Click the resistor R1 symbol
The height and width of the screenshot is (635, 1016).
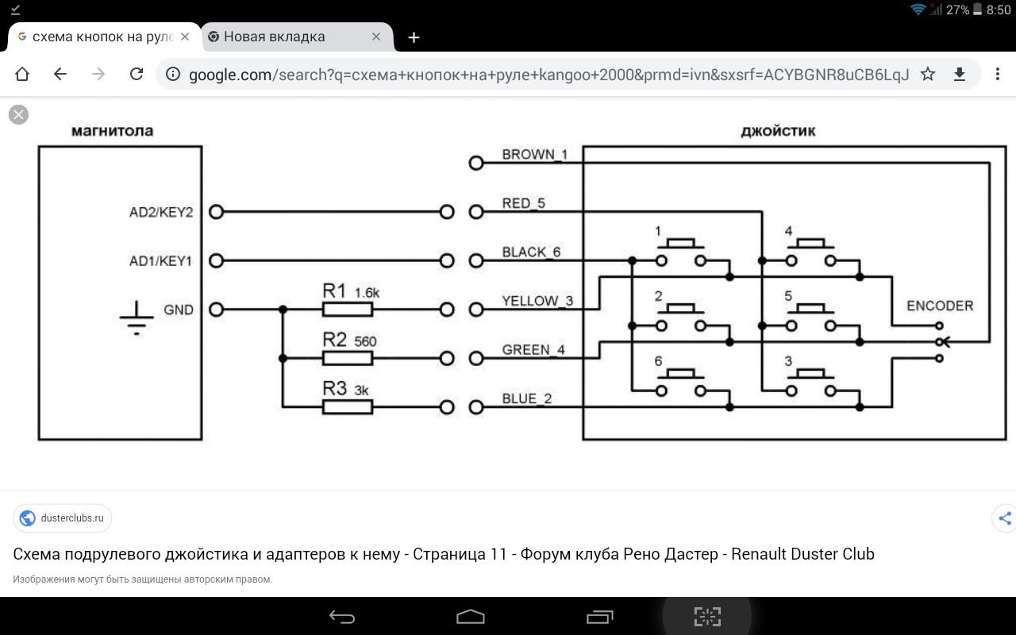pyautogui.click(x=347, y=310)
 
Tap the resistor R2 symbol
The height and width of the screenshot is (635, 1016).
pyautogui.click(x=347, y=359)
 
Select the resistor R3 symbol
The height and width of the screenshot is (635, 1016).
pyautogui.click(x=347, y=407)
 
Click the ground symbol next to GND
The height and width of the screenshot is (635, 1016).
pyautogui.click(x=137, y=317)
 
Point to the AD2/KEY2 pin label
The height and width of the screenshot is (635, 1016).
pyautogui.click(x=161, y=213)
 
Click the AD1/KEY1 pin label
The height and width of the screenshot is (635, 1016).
pyautogui.click(x=161, y=261)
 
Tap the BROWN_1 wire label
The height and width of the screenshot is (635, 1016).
pyautogui.click(x=534, y=155)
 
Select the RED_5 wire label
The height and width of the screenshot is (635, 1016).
pyautogui.click(x=524, y=204)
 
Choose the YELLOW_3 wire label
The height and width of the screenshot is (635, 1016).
pyautogui.click(x=537, y=302)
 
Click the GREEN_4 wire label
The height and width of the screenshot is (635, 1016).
pyautogui.click(x=533, y=350)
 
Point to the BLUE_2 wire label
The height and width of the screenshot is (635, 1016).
pyautogui.click(x=526, y=399)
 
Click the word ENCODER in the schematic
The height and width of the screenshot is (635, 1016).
pyautogui.click(x=940, y=306)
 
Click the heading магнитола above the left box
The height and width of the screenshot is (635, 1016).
pyautogui.click(x=112, y=131)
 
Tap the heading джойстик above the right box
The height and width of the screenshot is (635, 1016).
pyautogui.click(x=778, y=131)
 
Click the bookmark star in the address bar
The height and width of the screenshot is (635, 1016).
pyautogui.click(x=928, y=75)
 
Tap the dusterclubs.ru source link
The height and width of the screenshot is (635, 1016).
pyautogui.click(x=63, y=518)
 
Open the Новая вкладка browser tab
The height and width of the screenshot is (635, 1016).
pyautogui.click(x=274, y=37)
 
